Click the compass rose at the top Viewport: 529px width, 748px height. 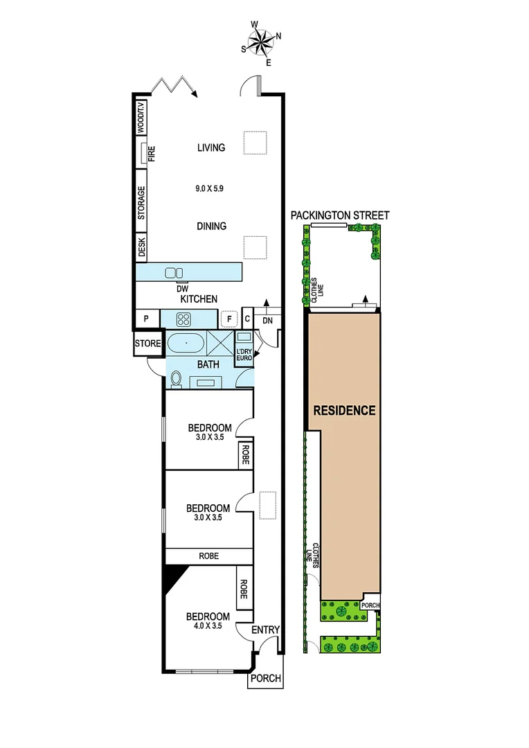coord(261,43)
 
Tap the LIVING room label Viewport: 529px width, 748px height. coord(211,148)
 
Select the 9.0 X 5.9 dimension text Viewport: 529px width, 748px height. coord(211,187)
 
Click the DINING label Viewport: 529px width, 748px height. coord(211,226)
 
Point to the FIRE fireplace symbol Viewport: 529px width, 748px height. coord(146,153)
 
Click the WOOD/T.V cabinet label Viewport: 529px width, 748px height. coord(141,117)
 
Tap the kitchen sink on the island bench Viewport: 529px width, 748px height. coord(174,273)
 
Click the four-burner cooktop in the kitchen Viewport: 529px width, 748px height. coord(185,319)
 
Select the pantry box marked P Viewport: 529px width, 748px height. coord(146,319)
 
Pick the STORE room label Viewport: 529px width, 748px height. coord(147,344)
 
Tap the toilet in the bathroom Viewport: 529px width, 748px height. coord(177,379)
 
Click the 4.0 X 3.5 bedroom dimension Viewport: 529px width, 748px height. coord(208,626)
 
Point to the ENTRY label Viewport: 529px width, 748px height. coord(265,630)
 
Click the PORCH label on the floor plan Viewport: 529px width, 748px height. coord(265,679)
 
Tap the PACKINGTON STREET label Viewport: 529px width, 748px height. coord(340,215)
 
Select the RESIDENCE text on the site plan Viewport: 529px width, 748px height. coord(344,410)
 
